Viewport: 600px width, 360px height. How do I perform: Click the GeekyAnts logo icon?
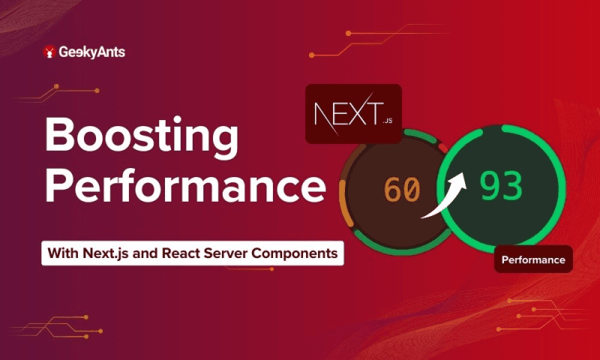(x=50, y=52)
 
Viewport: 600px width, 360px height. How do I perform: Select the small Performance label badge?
(x=533, y=260)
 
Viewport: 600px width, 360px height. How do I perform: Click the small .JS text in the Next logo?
(x=387, y=119)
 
